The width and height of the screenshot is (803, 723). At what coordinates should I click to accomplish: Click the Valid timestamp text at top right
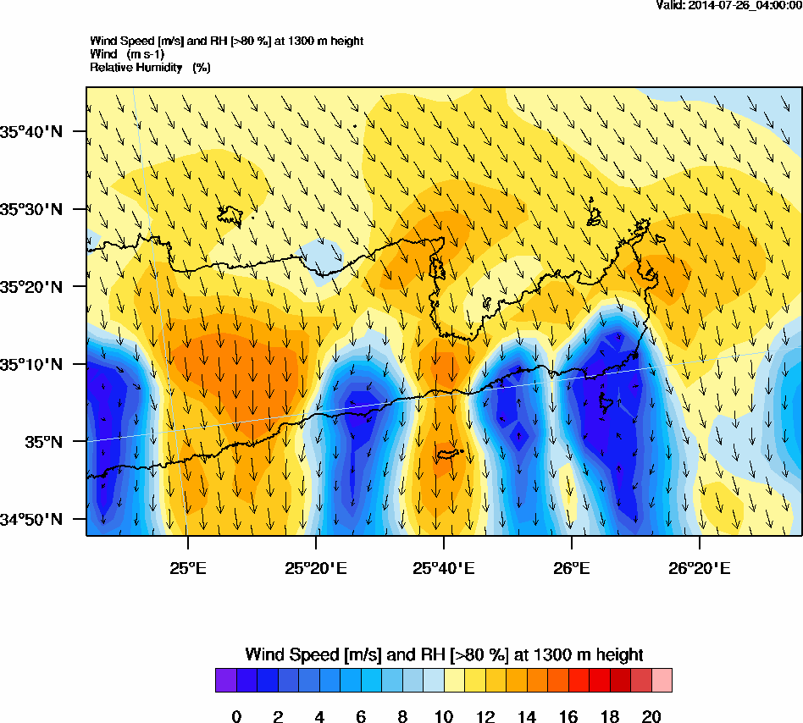(729, 5)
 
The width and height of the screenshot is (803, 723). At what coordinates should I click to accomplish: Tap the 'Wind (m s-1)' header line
(127, 54)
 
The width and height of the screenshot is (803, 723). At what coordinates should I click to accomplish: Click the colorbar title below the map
(444, 654)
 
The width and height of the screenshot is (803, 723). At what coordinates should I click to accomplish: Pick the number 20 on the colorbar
(651, 717)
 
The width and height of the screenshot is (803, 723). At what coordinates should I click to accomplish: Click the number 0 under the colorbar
(236, 717)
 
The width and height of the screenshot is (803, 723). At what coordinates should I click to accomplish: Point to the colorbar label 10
(444, 717)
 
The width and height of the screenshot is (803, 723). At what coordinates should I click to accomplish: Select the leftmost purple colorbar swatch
(226, 681)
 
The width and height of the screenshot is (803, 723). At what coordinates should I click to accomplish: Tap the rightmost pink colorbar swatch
(662, 681)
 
